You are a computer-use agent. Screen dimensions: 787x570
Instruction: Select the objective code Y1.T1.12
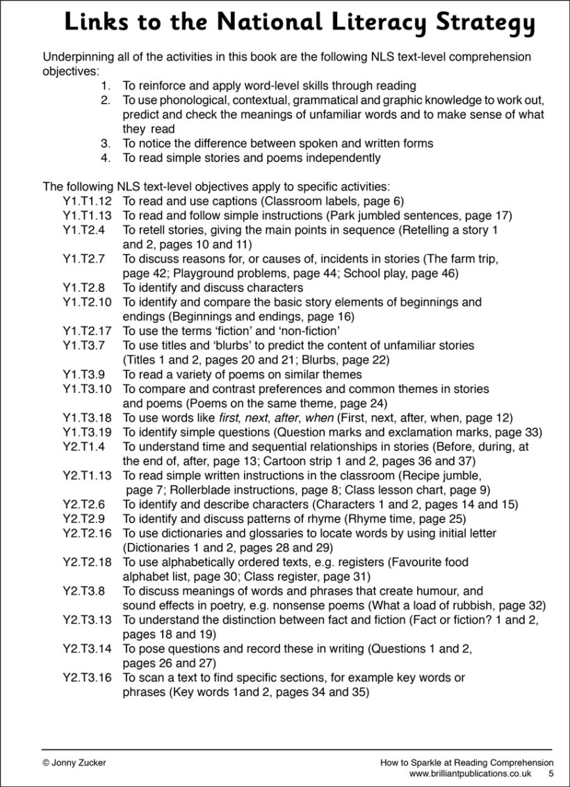click(x=87, y=201)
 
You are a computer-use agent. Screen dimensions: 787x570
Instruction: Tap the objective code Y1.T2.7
click(x=83, y=259)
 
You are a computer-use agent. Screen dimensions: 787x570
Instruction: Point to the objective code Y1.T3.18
click(x=87, y=417)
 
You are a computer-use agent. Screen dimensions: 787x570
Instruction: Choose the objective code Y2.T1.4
click(x=83, y=446)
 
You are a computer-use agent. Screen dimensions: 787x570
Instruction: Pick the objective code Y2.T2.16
click(x=87, y=533)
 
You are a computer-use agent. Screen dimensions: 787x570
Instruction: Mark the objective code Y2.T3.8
click(x=83, y=591)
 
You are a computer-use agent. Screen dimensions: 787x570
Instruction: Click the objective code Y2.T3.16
click(x=87, y=677)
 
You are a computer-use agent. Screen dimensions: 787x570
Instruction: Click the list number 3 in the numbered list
click(x=106, y=143)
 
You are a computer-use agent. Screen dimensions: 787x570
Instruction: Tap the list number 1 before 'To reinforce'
click(x=106, y=86)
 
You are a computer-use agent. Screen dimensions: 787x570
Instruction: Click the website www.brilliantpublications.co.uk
click(x=471, y=773)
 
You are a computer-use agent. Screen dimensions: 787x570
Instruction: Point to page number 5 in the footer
click(x=551, y=773)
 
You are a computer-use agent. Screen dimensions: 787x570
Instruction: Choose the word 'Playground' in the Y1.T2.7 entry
click(x=209, y=273)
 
